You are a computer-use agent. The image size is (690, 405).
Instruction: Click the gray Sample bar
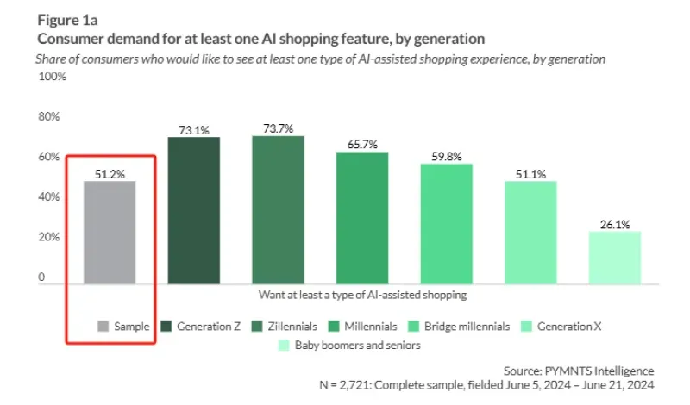(x=110, y=232)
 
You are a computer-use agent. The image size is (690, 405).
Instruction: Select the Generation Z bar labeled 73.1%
(x=193, y=210)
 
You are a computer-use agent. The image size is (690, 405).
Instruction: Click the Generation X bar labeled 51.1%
(x=531, y=232)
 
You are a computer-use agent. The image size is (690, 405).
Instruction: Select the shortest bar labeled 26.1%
(x=615, y=257)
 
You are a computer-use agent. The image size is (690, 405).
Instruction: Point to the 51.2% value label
(x=110, y=174)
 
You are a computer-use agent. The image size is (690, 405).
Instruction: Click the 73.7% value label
(x=278, y=128)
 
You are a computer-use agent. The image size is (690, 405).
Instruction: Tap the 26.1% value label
(x=615, y=224)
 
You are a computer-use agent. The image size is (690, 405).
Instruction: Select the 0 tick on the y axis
(x=41, y=277)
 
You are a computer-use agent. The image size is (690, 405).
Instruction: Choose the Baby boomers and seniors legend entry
(x=349, y=346)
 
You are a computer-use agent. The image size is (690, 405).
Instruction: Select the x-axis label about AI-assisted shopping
(x=362, y=295)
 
